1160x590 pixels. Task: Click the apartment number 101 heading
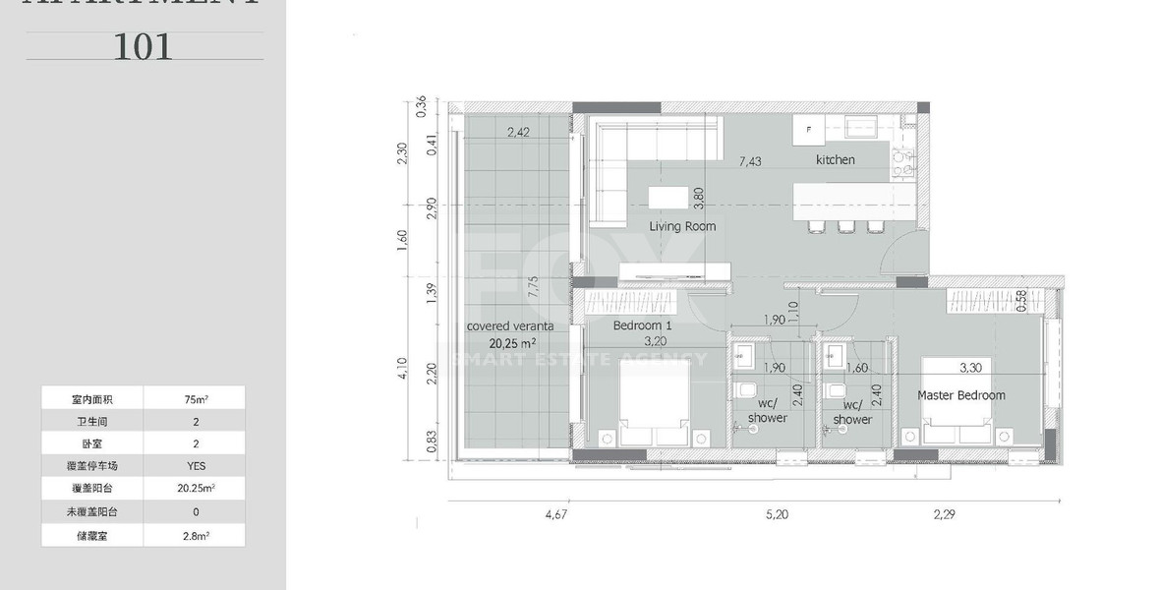(x=144, y=46)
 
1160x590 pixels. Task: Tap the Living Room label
(x=682, y=226)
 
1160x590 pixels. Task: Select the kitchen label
(x=835, y=159)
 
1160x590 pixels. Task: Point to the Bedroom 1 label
(x=642, y=325)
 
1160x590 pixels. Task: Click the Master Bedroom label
(x=960, y=395)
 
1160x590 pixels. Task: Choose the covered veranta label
(x=510, y=326)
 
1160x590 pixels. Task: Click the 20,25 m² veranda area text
(x=512, y=343)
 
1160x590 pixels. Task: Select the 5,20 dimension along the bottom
(x=776, y=513)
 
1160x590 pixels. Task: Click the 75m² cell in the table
(x=194, y=399)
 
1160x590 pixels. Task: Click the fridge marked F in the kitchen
(x=809, y=130)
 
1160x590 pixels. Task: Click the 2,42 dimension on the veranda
(x=519, y=131)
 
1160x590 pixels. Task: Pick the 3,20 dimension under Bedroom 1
(x=656, y=341)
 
